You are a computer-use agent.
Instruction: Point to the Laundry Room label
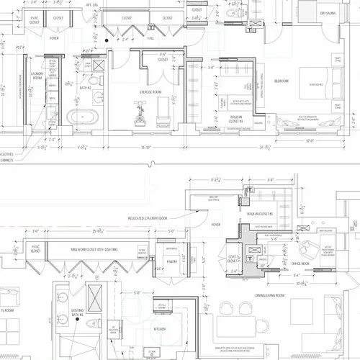(x=37, y=77)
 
